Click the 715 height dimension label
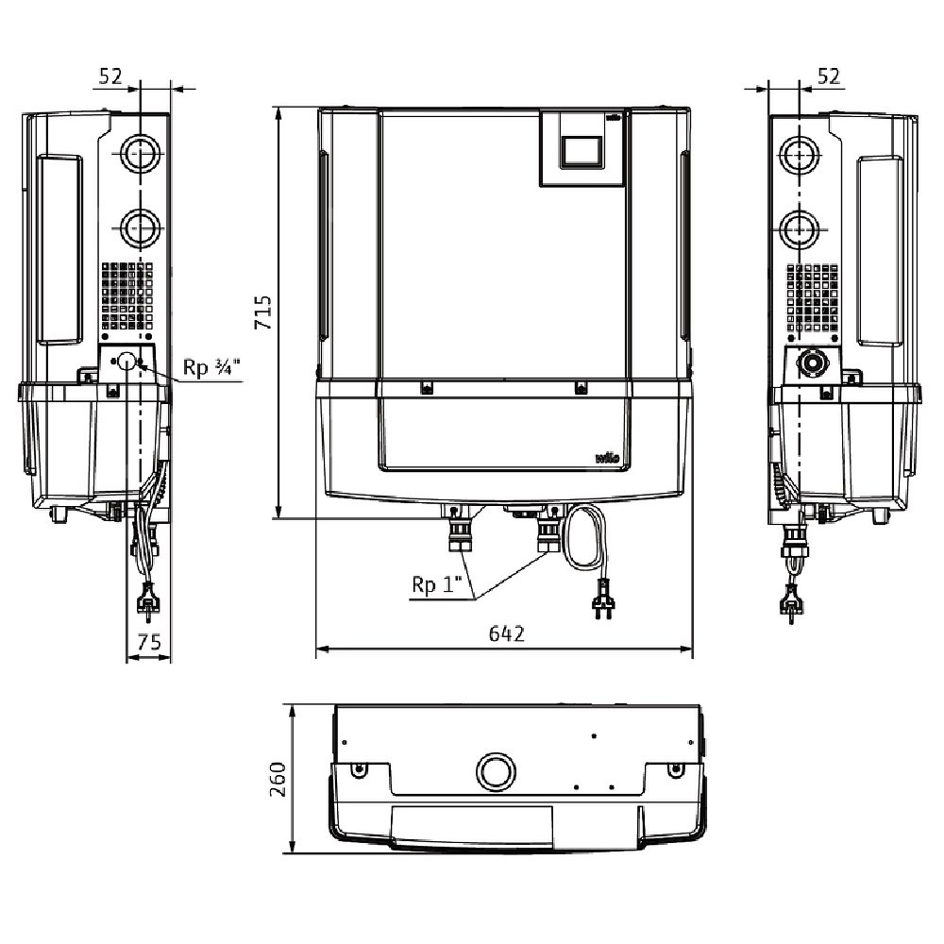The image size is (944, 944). tap(263, 312)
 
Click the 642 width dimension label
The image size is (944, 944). tap(506, 633)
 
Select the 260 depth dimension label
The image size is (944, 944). tap(278, 779)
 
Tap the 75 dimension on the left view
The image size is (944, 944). tap(149, 642)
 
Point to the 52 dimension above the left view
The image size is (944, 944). tap(110, 76)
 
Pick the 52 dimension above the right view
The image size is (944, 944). tap(829, 76)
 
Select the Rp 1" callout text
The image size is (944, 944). tap(436, 584)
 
